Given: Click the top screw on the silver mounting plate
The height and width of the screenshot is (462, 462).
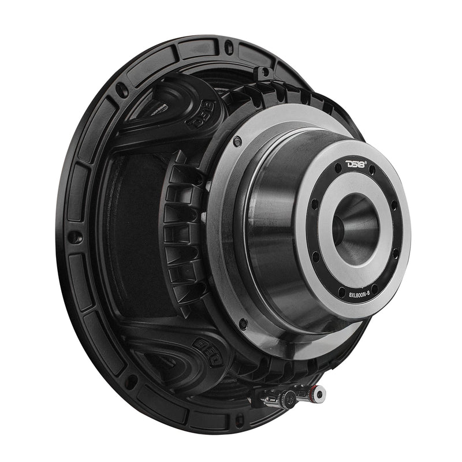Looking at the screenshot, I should click(x=236, y=140).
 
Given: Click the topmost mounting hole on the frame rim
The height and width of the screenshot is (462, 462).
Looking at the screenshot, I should click(x=229, y=46).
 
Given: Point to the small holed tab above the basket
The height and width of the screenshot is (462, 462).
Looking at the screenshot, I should click(x=265, y=73).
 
